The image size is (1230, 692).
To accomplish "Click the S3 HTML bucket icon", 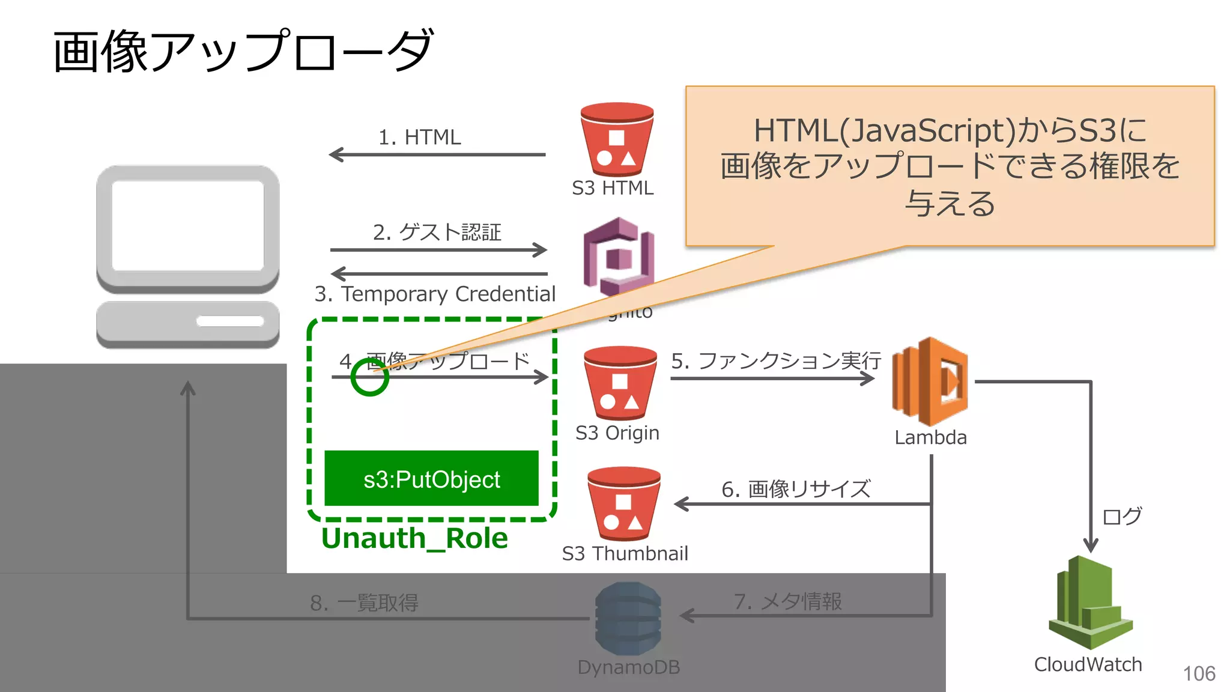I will coord(617,140).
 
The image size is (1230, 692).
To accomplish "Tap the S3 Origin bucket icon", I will coord(620,383).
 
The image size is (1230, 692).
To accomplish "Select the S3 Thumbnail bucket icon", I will coord(623,504).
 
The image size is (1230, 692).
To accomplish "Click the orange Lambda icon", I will coord(930,381).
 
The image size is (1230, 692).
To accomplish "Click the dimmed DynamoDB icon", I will coord(628,618).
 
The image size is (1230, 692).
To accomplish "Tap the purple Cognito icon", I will coord(617,255).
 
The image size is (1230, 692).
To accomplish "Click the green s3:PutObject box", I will coord(431,479).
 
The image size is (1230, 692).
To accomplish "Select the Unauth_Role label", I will coord(414,538).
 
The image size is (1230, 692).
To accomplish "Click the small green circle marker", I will coord(369,377).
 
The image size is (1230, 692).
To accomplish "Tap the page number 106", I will coord(1199,674).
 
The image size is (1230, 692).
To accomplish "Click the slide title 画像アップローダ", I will coord(243,52).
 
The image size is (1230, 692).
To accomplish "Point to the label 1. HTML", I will coord(419,138).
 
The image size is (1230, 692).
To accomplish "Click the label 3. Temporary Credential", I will coord(435,294).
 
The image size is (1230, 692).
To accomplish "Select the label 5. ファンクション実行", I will coord(775,360).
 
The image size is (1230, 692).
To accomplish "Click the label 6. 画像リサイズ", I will coord(796,489).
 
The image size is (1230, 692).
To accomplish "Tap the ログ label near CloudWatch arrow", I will coord(1121,516).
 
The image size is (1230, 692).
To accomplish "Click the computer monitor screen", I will coord(188,226).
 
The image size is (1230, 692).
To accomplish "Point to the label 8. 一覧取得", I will coord(364,602).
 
